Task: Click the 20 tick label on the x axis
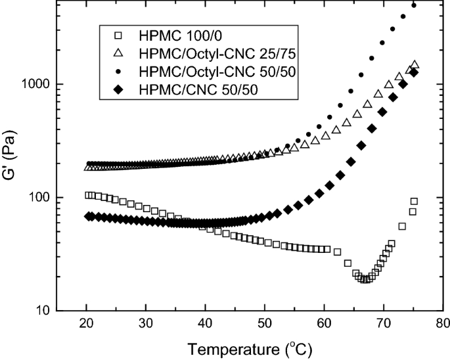coord(87,323)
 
